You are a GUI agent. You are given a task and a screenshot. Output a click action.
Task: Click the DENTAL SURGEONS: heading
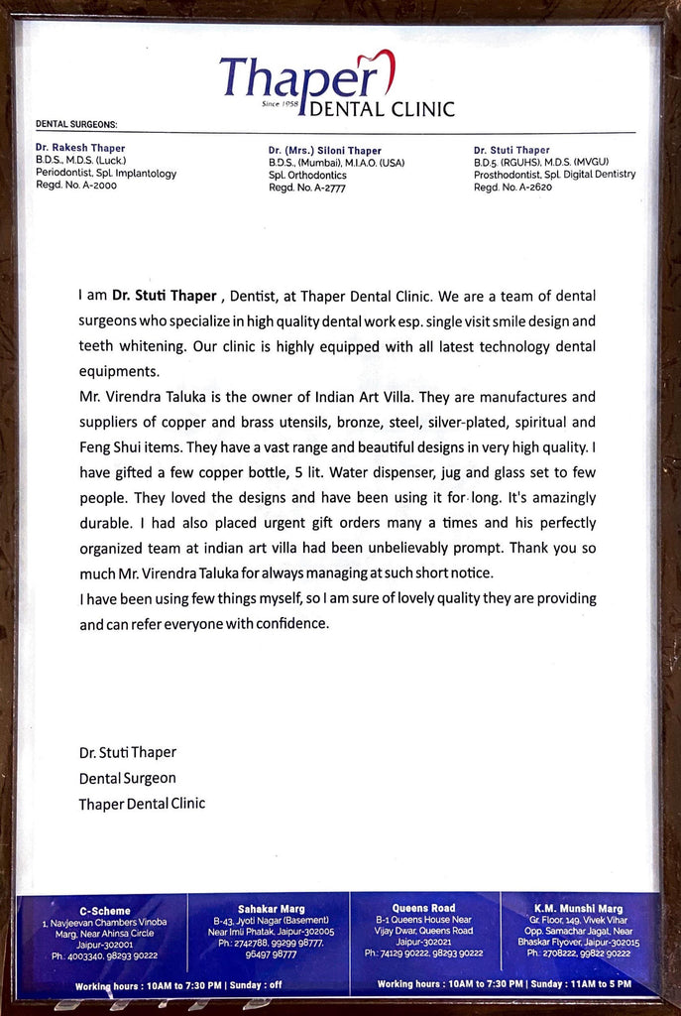(76, 124)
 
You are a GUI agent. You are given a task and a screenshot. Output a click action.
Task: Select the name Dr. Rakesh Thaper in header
(80, 148)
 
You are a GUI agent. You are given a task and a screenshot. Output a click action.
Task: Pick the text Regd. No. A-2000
(75, 186)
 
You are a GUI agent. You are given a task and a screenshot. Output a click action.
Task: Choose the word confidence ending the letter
(286, 624)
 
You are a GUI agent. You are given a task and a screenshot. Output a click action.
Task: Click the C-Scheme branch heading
(104, 910)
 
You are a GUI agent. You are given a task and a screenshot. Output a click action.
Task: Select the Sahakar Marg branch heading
(271, 909)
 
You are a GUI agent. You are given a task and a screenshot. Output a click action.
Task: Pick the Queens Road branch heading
(423, 908)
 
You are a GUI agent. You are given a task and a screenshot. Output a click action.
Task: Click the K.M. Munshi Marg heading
(578, 908)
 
